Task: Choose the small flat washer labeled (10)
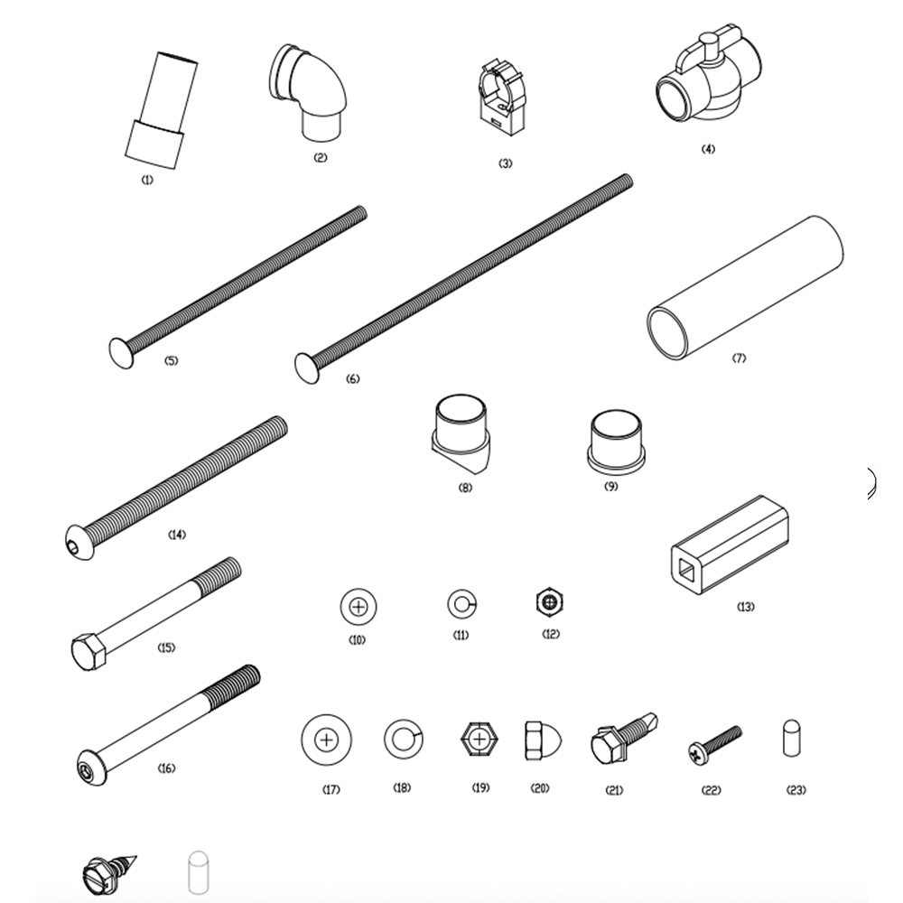click(357, 607)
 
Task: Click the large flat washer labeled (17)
click(327, 740)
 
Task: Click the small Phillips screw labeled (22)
click(713, 741)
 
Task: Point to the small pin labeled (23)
click(791, 737)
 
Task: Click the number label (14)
click(177, 535)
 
